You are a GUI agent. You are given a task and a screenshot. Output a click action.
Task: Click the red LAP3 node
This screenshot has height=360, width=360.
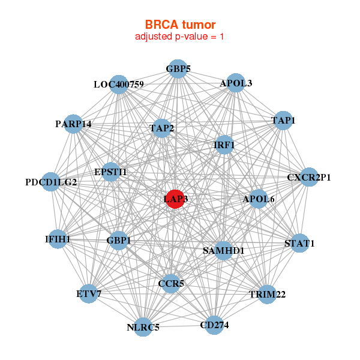point(175,199)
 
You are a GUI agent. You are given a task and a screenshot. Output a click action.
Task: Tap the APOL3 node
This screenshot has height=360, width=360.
point(236,83)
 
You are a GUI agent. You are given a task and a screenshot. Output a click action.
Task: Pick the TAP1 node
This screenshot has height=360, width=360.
point(283,121)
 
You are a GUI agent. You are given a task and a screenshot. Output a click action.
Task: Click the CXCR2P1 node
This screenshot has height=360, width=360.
point(309,177)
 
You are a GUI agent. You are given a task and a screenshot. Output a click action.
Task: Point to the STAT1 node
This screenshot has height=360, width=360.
point(299,244)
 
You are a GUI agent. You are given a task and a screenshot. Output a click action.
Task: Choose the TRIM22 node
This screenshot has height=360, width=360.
point(267,294)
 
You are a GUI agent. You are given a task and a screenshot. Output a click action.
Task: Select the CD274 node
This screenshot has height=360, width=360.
point(214,325)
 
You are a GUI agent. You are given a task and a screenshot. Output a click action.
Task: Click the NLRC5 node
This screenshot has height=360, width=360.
point(143,327)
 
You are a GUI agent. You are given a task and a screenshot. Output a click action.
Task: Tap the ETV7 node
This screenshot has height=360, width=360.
point(89,294)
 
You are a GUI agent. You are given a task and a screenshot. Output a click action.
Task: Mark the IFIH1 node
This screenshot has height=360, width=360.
point(58,239)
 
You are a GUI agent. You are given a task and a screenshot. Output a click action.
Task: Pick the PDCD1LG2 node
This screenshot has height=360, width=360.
point(51,182)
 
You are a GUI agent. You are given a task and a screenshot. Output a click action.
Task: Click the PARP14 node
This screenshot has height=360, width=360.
point(73,124)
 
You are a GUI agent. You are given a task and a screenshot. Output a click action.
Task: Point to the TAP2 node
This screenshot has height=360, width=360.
point(162,128)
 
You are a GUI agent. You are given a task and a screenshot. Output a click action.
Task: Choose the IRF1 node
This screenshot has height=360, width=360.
point(224,145)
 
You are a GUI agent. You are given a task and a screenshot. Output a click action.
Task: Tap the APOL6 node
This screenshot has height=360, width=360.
point(258,199)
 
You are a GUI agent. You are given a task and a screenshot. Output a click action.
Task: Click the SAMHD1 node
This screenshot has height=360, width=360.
point(223,250)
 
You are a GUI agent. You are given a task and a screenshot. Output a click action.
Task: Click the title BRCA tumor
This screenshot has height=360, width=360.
point(180,25)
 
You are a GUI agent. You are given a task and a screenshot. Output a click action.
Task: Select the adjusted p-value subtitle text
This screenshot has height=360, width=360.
point(180,37)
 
